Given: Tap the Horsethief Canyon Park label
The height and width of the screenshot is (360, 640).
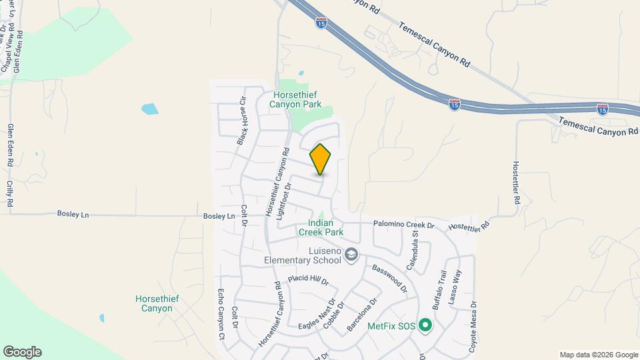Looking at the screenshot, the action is pyautogui.click(x=295, y=99).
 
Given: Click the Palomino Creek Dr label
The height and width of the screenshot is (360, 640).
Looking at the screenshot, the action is pyautogui.click(x=403, y=225).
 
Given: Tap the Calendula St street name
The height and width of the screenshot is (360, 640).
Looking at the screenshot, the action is pyautogui.click(x=415, y=243).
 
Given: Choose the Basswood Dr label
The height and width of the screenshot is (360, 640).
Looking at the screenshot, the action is pyautogui.click(x=389, y=278).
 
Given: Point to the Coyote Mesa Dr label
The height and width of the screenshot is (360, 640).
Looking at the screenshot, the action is pyautogui.click(x=473, y=326).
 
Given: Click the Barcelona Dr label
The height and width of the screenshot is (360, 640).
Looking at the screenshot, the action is pyautogui.click(x=362, y=315).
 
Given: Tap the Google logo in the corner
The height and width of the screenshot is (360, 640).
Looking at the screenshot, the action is pyautogui.click(x=22, y=352).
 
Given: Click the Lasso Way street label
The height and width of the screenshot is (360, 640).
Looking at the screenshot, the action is pyautogui.click(x=457, y=287).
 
